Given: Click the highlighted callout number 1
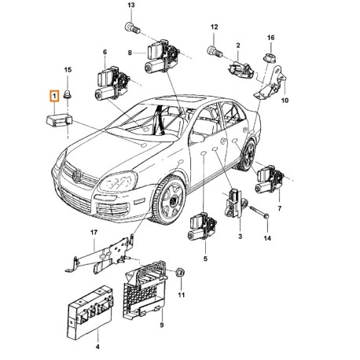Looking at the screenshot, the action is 54,96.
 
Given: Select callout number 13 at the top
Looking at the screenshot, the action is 131,5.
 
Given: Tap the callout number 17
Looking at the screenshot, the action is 94,233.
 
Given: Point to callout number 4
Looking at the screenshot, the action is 97,347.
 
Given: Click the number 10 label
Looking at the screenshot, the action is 285,101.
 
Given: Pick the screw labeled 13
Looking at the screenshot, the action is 132,28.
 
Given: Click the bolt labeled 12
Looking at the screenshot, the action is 215,51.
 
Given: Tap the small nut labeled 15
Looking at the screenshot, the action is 68,94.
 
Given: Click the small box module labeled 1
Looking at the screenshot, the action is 59,120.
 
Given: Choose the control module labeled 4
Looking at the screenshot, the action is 90,312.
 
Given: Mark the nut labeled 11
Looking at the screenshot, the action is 181,274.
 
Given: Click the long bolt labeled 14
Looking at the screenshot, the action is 259,211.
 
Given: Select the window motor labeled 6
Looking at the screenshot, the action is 112,83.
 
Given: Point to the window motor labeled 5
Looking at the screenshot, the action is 201,226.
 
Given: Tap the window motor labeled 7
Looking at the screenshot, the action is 270,180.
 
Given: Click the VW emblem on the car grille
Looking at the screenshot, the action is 77,175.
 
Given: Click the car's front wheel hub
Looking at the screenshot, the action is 172,201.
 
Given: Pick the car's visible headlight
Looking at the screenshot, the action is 117,182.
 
